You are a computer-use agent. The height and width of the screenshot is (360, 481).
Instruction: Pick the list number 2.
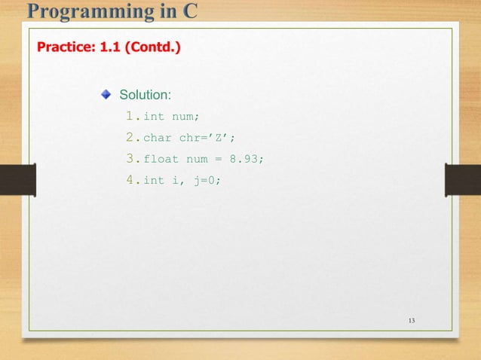130,138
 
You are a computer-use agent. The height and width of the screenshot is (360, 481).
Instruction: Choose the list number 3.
130,159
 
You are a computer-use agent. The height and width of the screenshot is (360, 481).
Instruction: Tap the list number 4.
130,180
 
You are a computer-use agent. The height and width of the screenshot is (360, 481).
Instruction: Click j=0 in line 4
204,181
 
